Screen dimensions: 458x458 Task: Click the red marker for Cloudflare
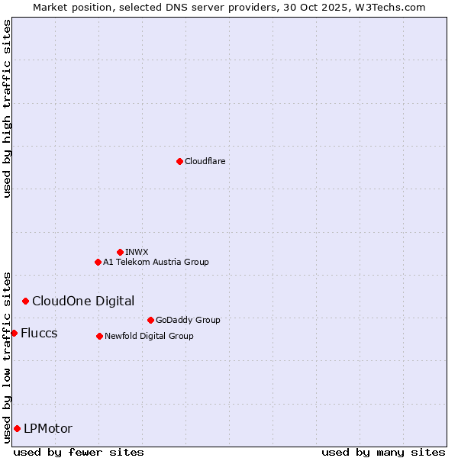click(179, 161)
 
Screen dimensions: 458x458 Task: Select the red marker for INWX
click(120, 252)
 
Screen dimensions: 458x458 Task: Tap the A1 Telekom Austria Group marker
click(98, 262)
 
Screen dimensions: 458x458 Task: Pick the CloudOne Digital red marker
click(25, 301)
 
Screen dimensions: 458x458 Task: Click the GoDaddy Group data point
click(150, 320)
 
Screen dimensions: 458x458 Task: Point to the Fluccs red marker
click(14, 333)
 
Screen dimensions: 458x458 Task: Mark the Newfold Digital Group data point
click(99, 336)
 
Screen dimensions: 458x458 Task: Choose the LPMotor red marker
click(17, 428)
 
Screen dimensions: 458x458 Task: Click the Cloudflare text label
click(205, 161)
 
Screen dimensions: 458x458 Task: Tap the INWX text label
click(137, 252)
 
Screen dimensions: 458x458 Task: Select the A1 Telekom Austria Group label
click(156, 262)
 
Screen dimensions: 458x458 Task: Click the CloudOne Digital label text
click(83, 301)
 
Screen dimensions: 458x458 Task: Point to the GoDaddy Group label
click(188, 320)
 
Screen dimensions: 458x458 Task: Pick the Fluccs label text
click(39, 333)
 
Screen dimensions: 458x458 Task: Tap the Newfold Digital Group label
click(149, 336)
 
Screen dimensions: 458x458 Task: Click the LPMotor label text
click(48, 428)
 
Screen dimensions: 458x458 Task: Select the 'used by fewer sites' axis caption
click(79, 452)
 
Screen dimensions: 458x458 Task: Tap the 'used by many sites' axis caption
click(383, 452)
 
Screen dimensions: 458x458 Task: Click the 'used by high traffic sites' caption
click(7, 108)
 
